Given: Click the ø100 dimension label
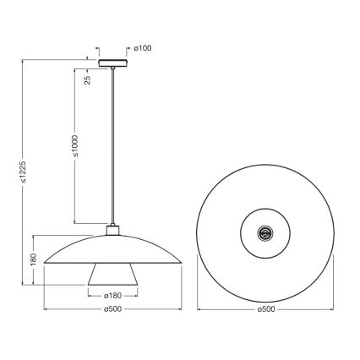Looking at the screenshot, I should click(144, 47).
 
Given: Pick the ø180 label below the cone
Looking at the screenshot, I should click(112, 297).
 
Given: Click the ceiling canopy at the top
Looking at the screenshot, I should click(112, 63).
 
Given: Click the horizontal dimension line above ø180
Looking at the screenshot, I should click(112, 290).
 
